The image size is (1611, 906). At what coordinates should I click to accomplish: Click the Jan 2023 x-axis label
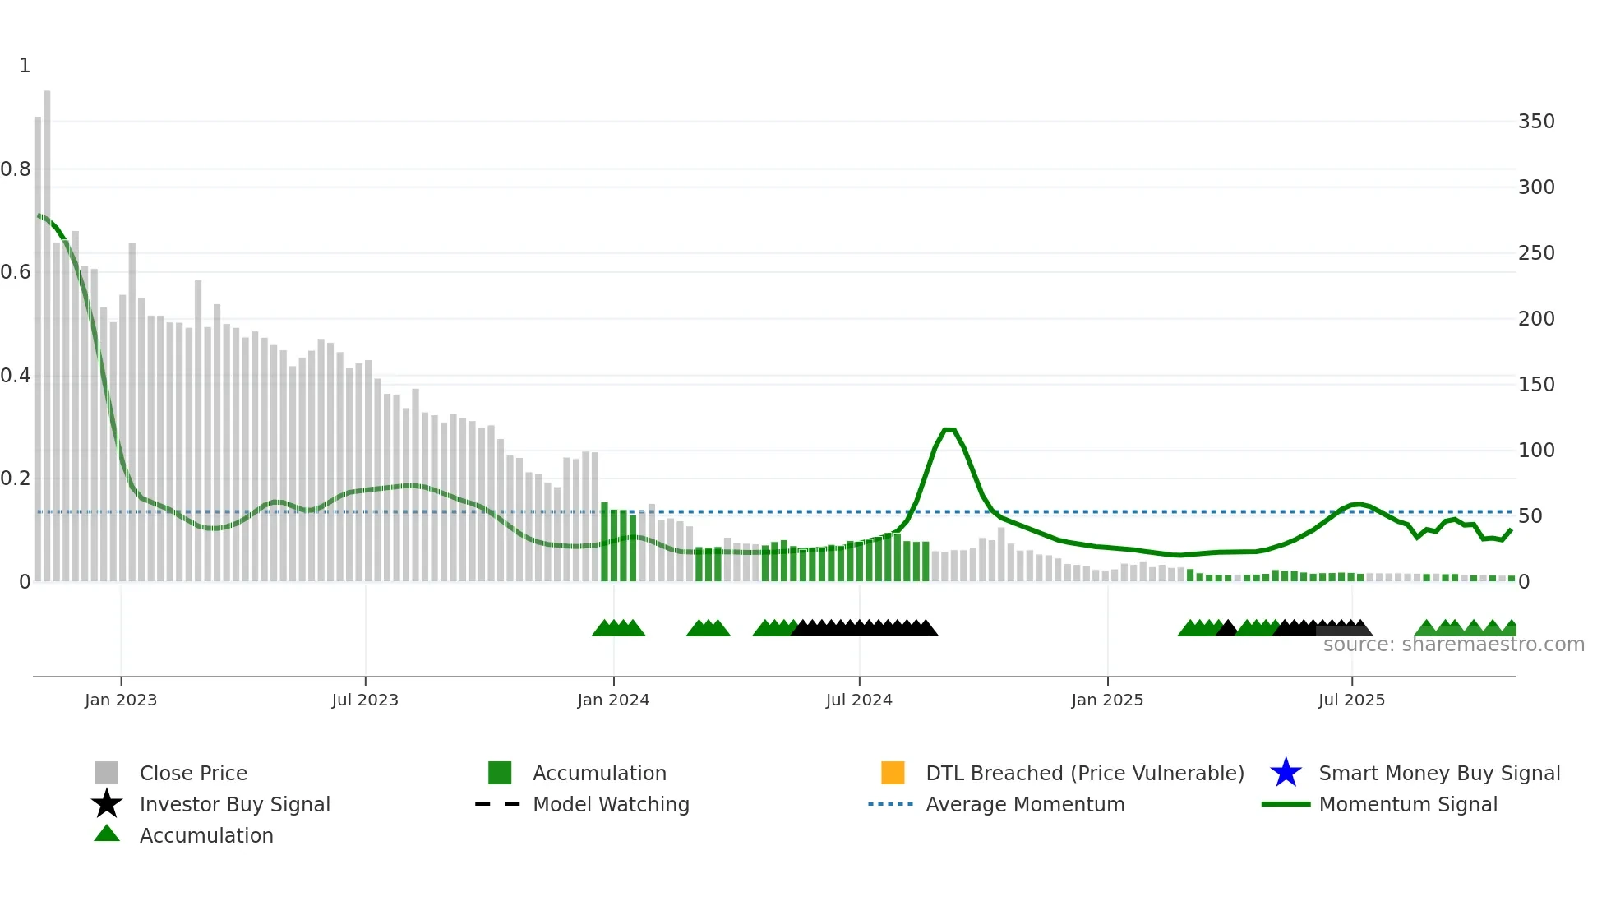click(x=121, y=700)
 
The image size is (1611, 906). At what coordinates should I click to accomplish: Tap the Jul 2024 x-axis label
click(x=859, y=700)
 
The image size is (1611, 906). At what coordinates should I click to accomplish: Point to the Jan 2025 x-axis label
click(x=1107, y=700)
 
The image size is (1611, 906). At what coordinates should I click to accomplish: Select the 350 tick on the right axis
click(x=1536, y=122)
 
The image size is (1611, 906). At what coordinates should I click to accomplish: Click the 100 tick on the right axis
click(x=1536, y=451)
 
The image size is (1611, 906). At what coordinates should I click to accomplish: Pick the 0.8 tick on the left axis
click(x=16, y=169)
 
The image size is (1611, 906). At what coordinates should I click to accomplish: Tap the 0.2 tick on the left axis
click(x=16, y=478)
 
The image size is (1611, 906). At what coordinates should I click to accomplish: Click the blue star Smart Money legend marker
click(x=1286, y=773)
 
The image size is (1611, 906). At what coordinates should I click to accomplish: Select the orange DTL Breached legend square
click(x=893, y=773)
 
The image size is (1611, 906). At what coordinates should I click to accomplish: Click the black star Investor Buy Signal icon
click(x=107, y=804)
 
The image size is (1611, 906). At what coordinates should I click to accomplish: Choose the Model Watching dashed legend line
click(x=498, y=804)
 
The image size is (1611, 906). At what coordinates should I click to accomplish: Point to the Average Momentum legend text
click(x=1025, y=804)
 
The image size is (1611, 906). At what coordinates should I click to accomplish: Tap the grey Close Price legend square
click(x=107, y=773)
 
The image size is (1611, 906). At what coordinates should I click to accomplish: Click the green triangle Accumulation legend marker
click(x=107, y=834)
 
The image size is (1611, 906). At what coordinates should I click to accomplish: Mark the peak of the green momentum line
click(x=949, y=430)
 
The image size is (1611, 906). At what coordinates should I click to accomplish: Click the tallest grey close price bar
click(x=47, y=329)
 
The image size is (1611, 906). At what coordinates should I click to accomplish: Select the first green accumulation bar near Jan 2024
click(x=604, y=543)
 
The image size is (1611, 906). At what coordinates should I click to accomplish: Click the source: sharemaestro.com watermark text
click(x=1453, y=645)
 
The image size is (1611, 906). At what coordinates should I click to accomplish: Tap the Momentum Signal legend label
click(x=1408, y=804)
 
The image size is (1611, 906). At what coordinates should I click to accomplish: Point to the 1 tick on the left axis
click(x=25, y=66)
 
